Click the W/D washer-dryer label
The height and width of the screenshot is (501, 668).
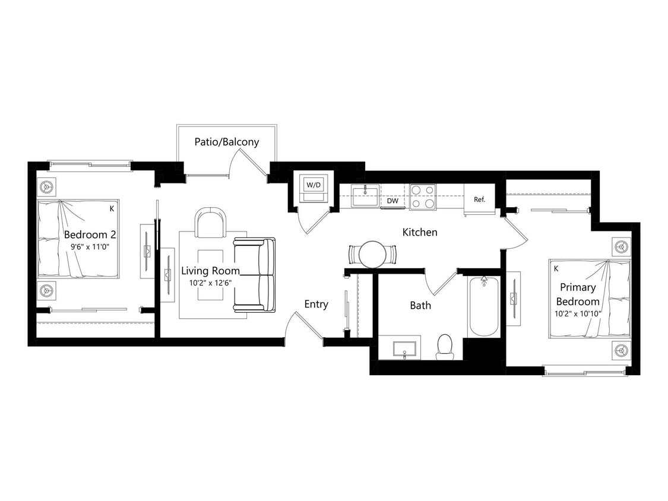pyautogui.click(x=313, y=185)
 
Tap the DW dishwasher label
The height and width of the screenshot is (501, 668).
pyautogui.click(x=392, y=201)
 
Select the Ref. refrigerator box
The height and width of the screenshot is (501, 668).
pyautogui.click(x=480, y=199)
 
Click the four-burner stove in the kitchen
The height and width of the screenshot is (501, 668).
pyautogui.click(x=422, y=197)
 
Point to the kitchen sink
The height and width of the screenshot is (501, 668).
pyautogui.click(x=365, y=196)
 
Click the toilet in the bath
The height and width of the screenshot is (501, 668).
pyautogui.click(x=445, y=347)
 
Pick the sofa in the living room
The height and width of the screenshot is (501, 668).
pyautogui.click(x=255, y=275)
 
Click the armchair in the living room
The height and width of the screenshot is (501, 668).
pyautogui.click(x=211, y=224)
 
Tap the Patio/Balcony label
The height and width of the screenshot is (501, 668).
pyautogui.click(x=227, y=142)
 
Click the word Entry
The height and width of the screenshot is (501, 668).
pyautogui.click(x=316, y=304)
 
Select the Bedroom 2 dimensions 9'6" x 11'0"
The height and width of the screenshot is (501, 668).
pyautogui.click(x=87, y=246)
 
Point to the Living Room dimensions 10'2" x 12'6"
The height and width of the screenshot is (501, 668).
pyautogui.click(x=210, y=284)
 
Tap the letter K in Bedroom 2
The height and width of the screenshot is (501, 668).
pyautogui.click(x=112, y=209)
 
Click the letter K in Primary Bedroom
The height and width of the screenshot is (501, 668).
pyautogui.click(x=556, y=268)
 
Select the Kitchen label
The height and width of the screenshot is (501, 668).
pyautogui.click(x=420, y=232)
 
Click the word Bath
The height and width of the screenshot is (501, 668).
pyautogui.click(x=420, y=305)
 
